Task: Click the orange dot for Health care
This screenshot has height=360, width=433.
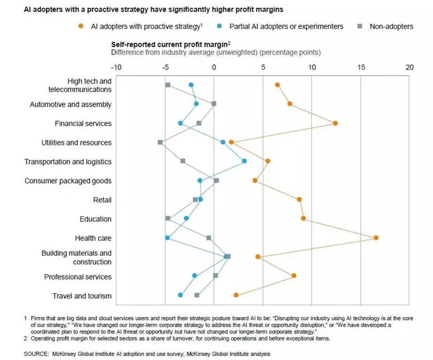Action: pyautogui.click(x=376, y=237)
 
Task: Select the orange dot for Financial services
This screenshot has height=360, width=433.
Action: pyautogui.click(x=335, y=123)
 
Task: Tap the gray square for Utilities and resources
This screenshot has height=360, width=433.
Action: pyautogui.click(x=160, y=142)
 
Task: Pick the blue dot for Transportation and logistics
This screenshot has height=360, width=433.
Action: pyautogui.click(x=244, y=161)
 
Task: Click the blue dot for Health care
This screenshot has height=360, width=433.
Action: pyautogui.click(x=167, y=237)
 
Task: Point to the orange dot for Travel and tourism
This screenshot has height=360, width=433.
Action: pyautogui.click(x=236, y=295)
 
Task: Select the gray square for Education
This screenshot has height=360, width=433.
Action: pyautogui.click(x=168, y=218)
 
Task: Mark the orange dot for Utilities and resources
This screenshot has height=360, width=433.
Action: pyautogui.click(x=231, y=142)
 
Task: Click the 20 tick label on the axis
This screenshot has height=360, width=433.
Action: pyautogui.click(x=409, y=67)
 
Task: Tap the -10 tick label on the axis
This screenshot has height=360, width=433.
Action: pyautogui.click(x=116, y=67)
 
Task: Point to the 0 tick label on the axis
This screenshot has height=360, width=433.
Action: pyautogui.click(x=214, y=67)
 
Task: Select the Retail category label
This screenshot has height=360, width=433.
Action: pyautogui.click(x=102, y=200)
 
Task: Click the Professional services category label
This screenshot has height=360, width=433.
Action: pyautogui.click(x=78, y=277)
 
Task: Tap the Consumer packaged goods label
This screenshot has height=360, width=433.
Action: pyautogui.click(x=68, y=181)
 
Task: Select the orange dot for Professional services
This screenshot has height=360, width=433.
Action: pyautogui.click(x=294, y=275)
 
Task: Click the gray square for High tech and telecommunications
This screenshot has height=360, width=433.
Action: pyautogui.click(x=168, y=85)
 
